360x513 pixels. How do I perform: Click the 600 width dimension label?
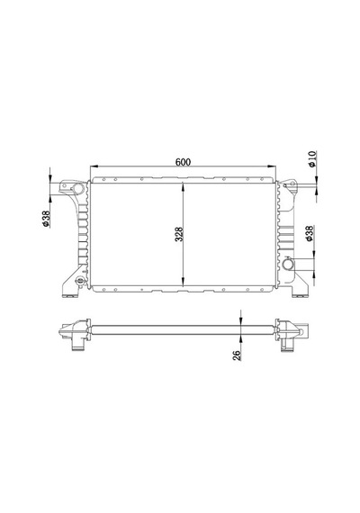tap(183, 162)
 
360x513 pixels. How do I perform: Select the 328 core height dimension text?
tap(179, 234)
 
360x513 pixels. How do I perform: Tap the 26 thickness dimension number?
tap(237, 355)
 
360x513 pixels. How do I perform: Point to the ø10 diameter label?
tap(312, 159)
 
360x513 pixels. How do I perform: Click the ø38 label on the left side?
tap(46, 219)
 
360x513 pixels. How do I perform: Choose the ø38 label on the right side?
tap(310, 234)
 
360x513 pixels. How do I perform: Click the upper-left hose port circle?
tap(78, 189)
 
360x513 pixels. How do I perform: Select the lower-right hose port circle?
tap(289, 264)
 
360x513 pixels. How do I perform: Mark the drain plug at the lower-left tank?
tap(79, 282)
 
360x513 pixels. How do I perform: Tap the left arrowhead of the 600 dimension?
tap(94, 166)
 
